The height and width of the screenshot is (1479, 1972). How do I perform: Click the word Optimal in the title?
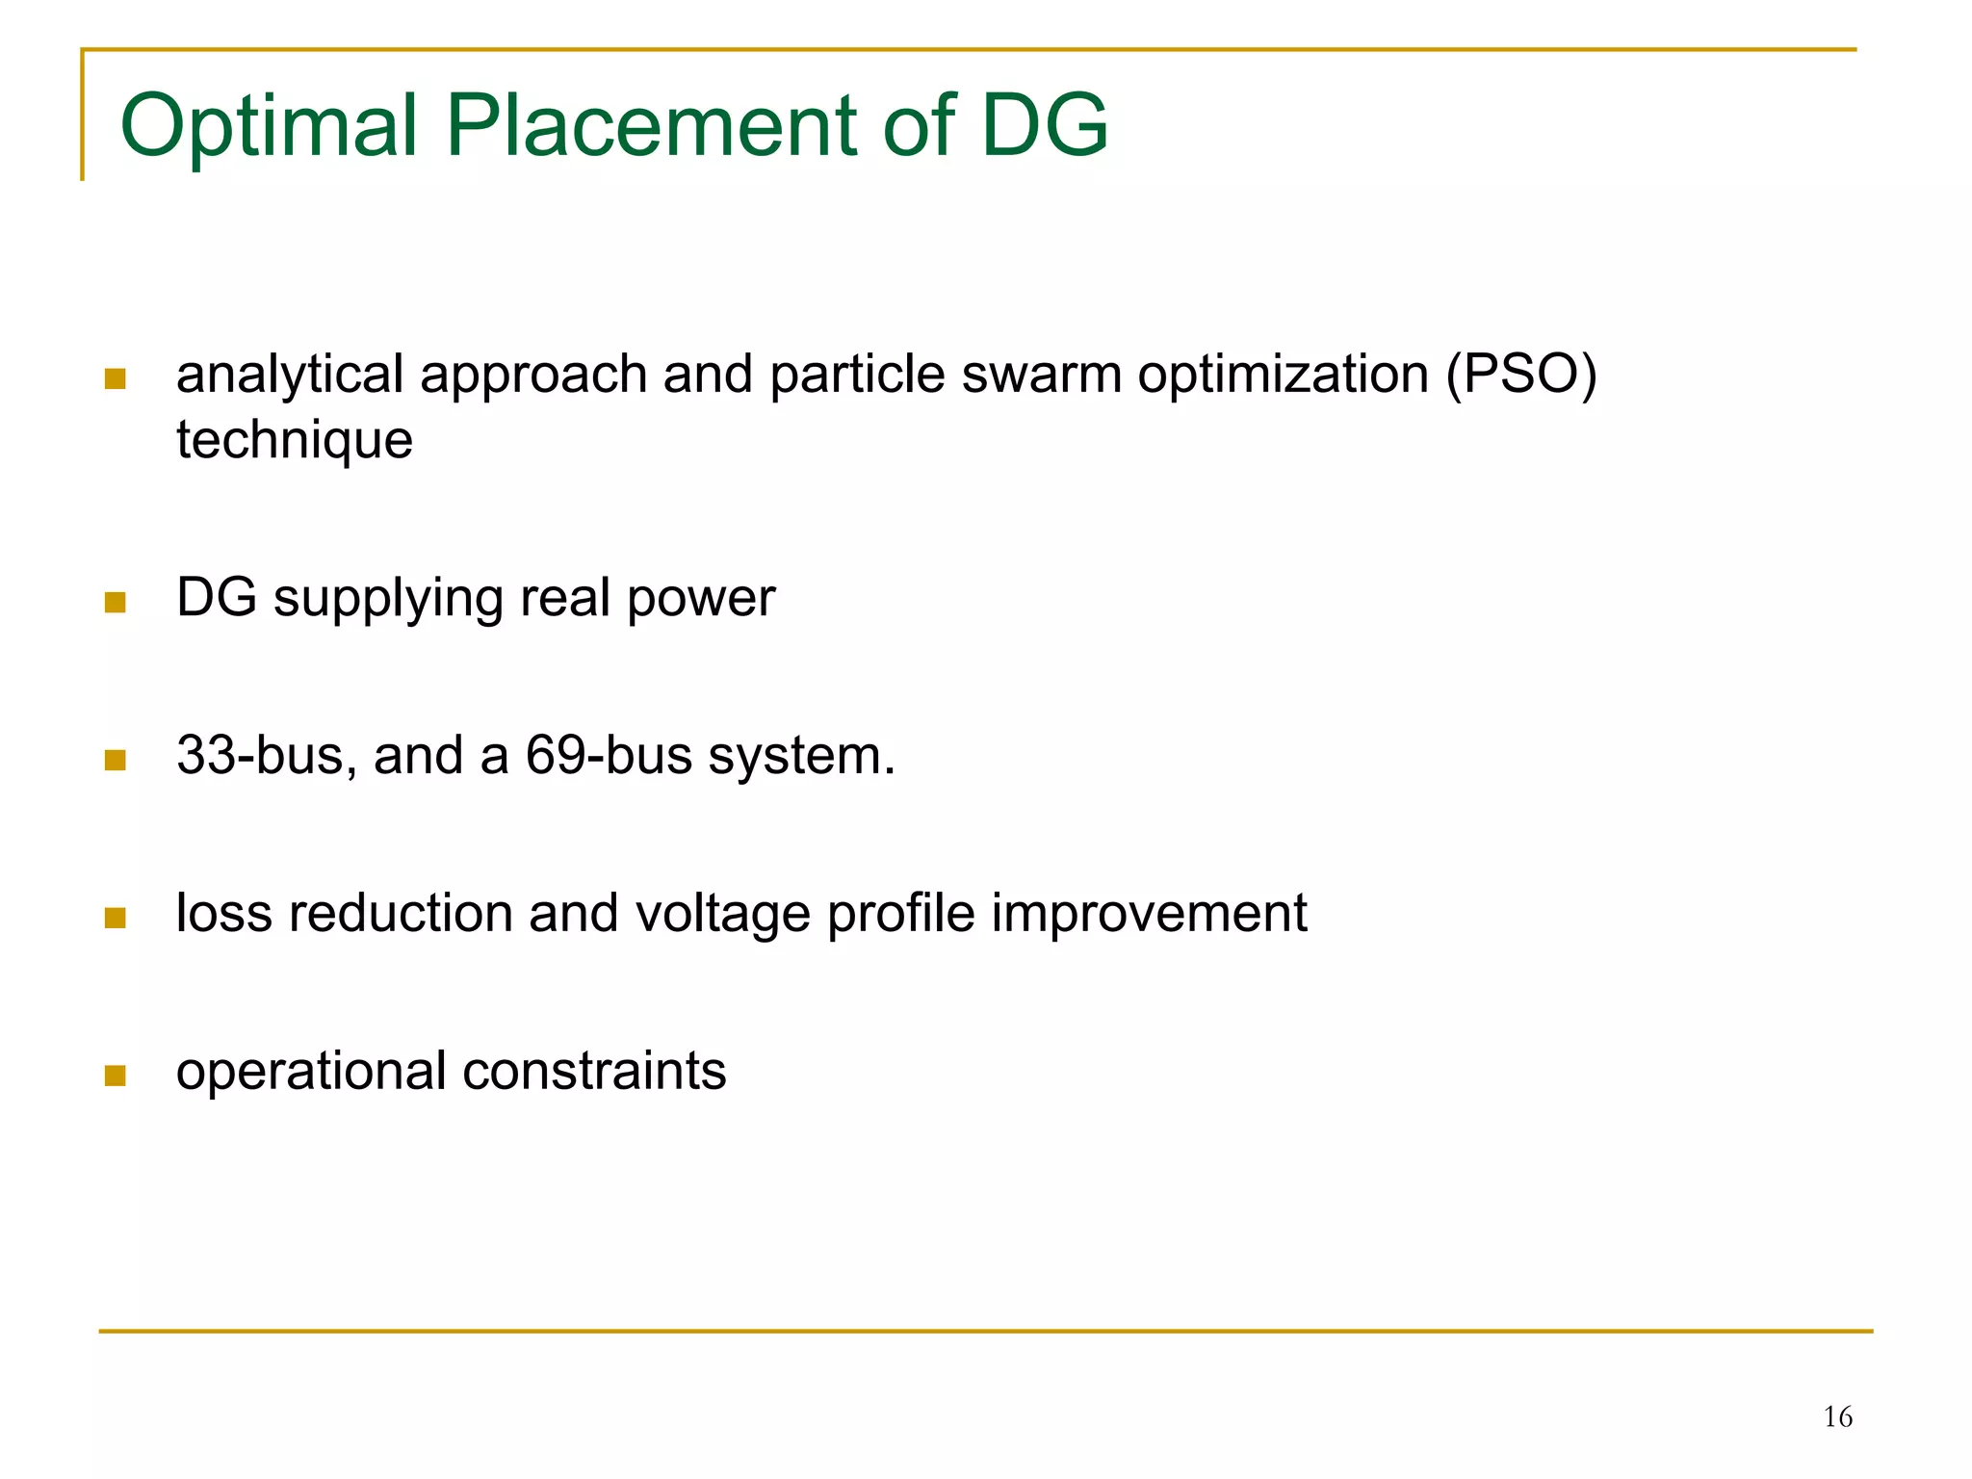[x=271, y=125]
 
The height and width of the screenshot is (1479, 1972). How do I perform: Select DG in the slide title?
[x=1044, y=125]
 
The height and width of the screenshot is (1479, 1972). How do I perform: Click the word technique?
[x=295, y=440]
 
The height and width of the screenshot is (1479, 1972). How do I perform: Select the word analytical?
[x=290, y=376]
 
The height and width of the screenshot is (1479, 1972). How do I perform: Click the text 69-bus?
[x=609, y=756]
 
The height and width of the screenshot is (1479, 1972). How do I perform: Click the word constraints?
[x=594, y=1071]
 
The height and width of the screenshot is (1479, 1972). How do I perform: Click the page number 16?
[x=1837, y=1417]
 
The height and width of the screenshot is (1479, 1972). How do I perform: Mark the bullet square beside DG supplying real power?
[x=116, y=603]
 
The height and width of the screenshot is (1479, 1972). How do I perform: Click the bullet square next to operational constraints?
[x=116, y=1075]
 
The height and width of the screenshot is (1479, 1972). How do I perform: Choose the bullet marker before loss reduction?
[x=116, y=918]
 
